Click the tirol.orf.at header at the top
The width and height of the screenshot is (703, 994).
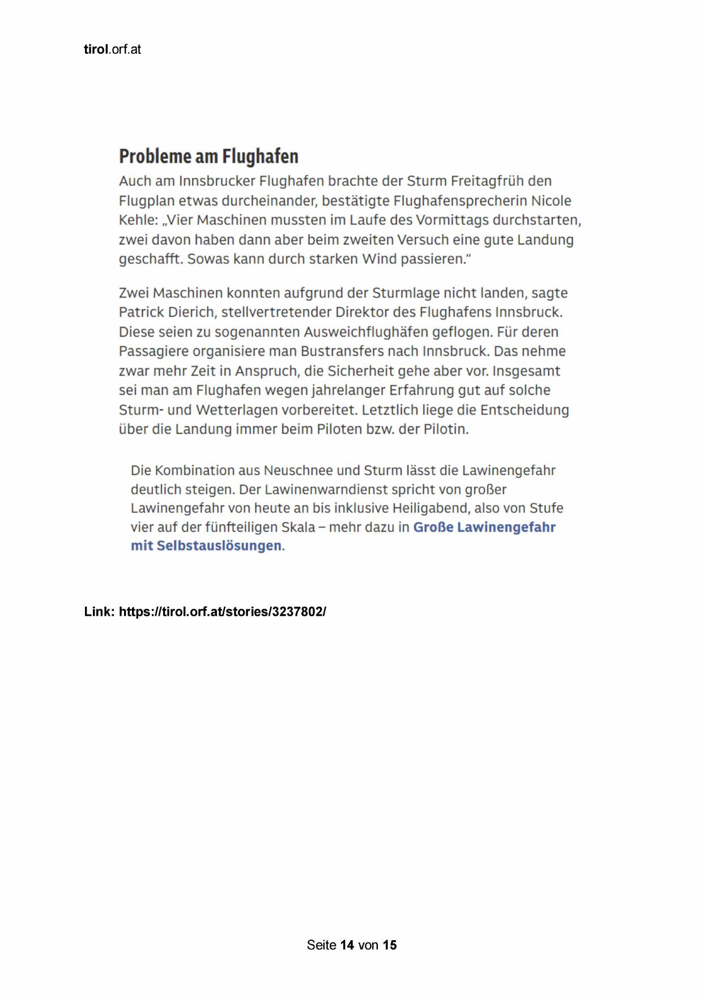click(x=112, y=50)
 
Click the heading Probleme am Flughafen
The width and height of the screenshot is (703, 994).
click(x=208, y=156)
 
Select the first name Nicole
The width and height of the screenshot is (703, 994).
click(x=551, y=201)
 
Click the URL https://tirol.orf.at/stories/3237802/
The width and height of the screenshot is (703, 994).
click(x=222, y=612)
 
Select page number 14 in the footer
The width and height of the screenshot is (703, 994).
click(x=347, y=945)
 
